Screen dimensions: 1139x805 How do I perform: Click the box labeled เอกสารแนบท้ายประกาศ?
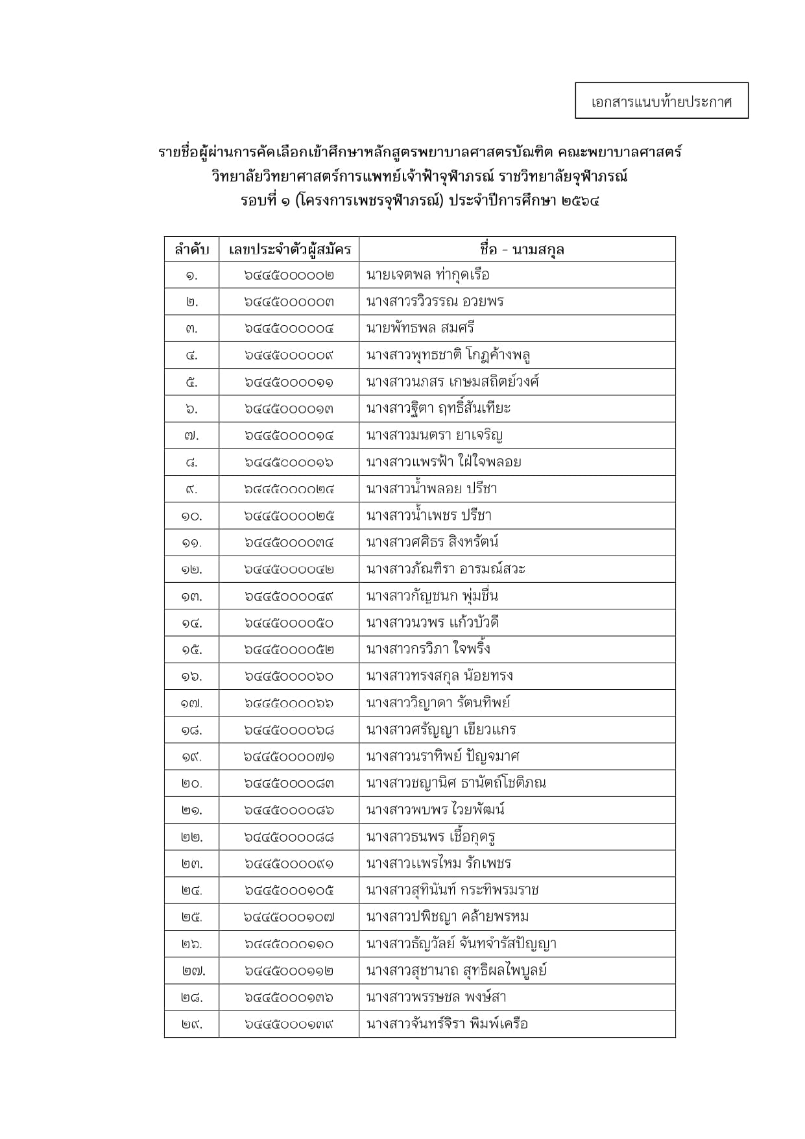click(661, 101)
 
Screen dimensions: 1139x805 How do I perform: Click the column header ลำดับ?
click(191, 249)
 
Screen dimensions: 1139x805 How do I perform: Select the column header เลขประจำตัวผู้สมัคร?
click(289, 249)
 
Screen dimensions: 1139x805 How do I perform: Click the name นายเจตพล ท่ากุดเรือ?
click(427, 275)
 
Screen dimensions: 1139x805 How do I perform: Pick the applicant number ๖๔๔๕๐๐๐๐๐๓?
click(289, 302)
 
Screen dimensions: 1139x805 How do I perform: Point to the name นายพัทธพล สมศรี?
click(420, 328)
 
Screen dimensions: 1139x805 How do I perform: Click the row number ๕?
click(191, 382)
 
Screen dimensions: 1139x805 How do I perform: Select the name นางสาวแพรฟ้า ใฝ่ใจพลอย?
click(444, 462)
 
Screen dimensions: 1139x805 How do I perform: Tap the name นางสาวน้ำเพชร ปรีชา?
click(429, 516)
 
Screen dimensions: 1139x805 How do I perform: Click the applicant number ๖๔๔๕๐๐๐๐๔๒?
click(289, 569)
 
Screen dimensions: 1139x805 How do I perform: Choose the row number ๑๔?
click(191, 623)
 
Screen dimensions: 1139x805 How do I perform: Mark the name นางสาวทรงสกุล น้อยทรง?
click(439, 676)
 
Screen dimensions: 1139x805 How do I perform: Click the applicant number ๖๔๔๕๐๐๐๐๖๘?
click(289, 730)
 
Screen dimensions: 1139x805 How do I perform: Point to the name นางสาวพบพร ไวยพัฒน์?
click(435, 810)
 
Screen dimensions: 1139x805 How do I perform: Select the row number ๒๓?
click(191, 864)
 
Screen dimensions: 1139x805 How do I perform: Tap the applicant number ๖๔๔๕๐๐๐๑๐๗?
click(289, 917)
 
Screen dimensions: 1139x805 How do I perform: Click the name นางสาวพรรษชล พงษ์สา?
click(436, 998)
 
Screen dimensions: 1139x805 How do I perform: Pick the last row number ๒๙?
click(191, 1024)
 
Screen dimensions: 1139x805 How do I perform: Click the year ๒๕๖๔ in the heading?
click(581, 201)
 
